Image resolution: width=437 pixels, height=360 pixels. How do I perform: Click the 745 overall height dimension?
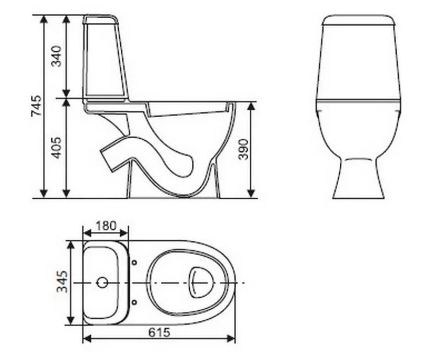(x=36, y=106)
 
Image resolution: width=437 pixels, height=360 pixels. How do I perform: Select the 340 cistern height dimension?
(x=56, y=56)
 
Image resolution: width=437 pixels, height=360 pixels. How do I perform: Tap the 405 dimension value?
(x=56, y=148)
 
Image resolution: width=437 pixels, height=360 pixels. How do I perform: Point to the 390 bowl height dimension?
(x=243, y=149)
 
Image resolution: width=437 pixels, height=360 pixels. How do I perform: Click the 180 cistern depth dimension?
(x=106, y=226)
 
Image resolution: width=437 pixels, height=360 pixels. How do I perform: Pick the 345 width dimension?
(x=62, y=282)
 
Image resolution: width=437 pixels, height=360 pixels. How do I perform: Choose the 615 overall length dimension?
(x=159, y=332)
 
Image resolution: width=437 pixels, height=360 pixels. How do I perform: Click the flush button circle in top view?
(x=102, y=283)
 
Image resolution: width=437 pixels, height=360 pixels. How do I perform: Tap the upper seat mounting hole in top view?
(x=134, y=262)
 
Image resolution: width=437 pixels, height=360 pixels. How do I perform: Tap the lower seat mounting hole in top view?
(x=134, y=302)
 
